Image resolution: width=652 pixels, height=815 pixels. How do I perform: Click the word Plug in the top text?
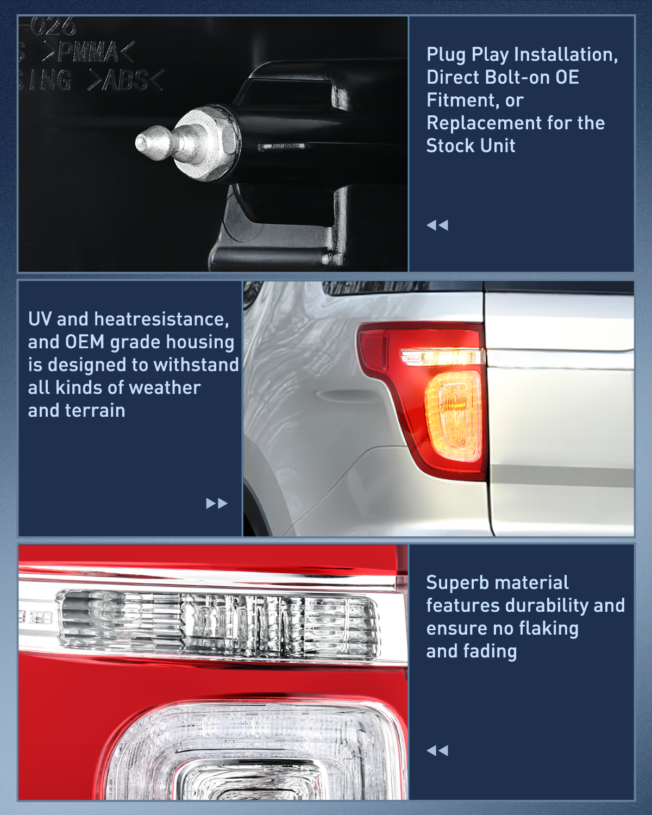[446, 55]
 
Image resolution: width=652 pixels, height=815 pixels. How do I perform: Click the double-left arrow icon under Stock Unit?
[437, 225]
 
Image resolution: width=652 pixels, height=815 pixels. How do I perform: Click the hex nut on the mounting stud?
[209, 142]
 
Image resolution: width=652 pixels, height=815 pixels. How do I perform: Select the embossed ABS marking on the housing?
[125, 81]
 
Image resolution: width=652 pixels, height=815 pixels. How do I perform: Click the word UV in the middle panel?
[40, 319]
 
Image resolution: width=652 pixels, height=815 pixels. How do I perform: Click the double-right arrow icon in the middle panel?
[216, 503]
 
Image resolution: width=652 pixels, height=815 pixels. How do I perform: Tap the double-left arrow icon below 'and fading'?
[437, 750]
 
